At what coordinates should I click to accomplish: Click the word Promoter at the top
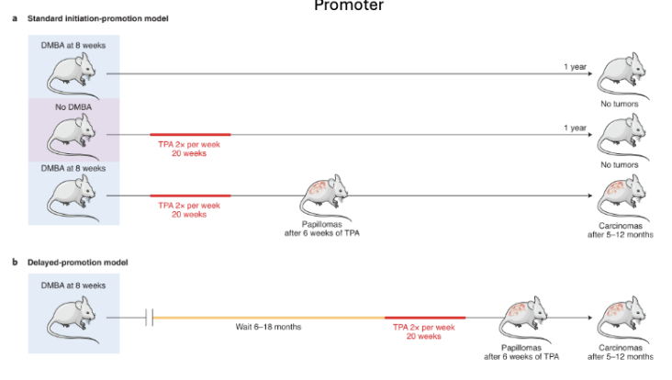(x=348, y=6)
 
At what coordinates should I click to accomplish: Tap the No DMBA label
(x=73, y=107)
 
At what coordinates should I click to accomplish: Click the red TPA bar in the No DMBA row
(x=190, y=134)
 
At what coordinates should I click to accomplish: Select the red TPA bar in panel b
(x=424, y=317)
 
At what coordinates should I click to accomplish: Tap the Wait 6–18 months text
(x=268, y=327)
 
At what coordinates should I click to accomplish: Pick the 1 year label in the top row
(x=575, y=67)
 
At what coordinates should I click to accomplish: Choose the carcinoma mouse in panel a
(x=621, y=195)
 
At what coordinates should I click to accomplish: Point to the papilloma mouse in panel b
(x=519, y=318)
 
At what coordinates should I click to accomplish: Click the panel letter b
(x=15, y=262)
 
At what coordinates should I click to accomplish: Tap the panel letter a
(x=15, y=19)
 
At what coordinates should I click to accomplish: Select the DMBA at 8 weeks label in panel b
(x=73, y=285)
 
